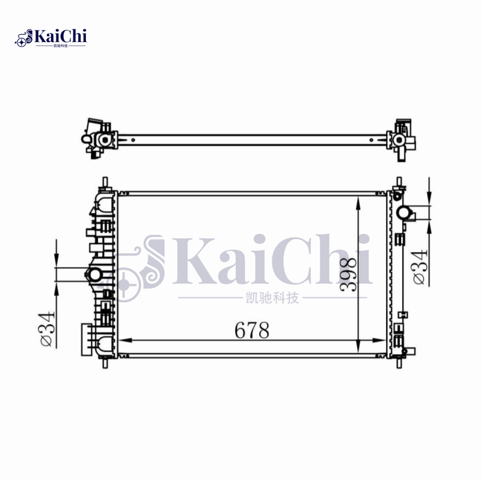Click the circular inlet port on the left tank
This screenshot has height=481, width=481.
94,275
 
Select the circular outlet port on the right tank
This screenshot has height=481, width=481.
404,213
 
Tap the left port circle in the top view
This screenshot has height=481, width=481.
103,140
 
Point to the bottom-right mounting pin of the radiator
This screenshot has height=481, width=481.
398,363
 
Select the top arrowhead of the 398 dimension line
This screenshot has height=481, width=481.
358,202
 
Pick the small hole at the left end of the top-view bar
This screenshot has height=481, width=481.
133,143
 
